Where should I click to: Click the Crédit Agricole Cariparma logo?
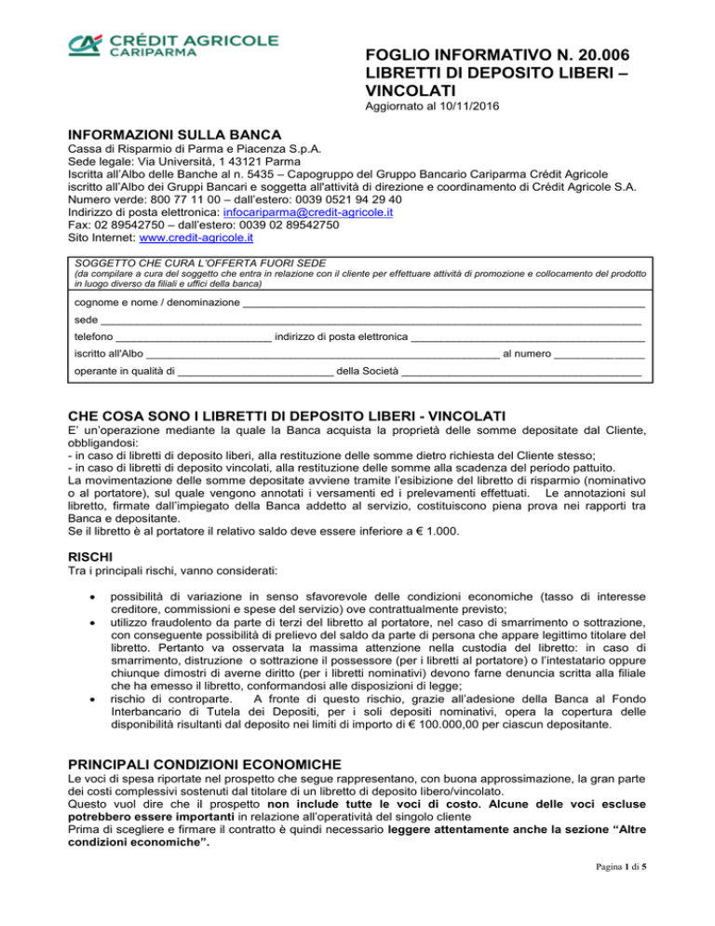(171, 47)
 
